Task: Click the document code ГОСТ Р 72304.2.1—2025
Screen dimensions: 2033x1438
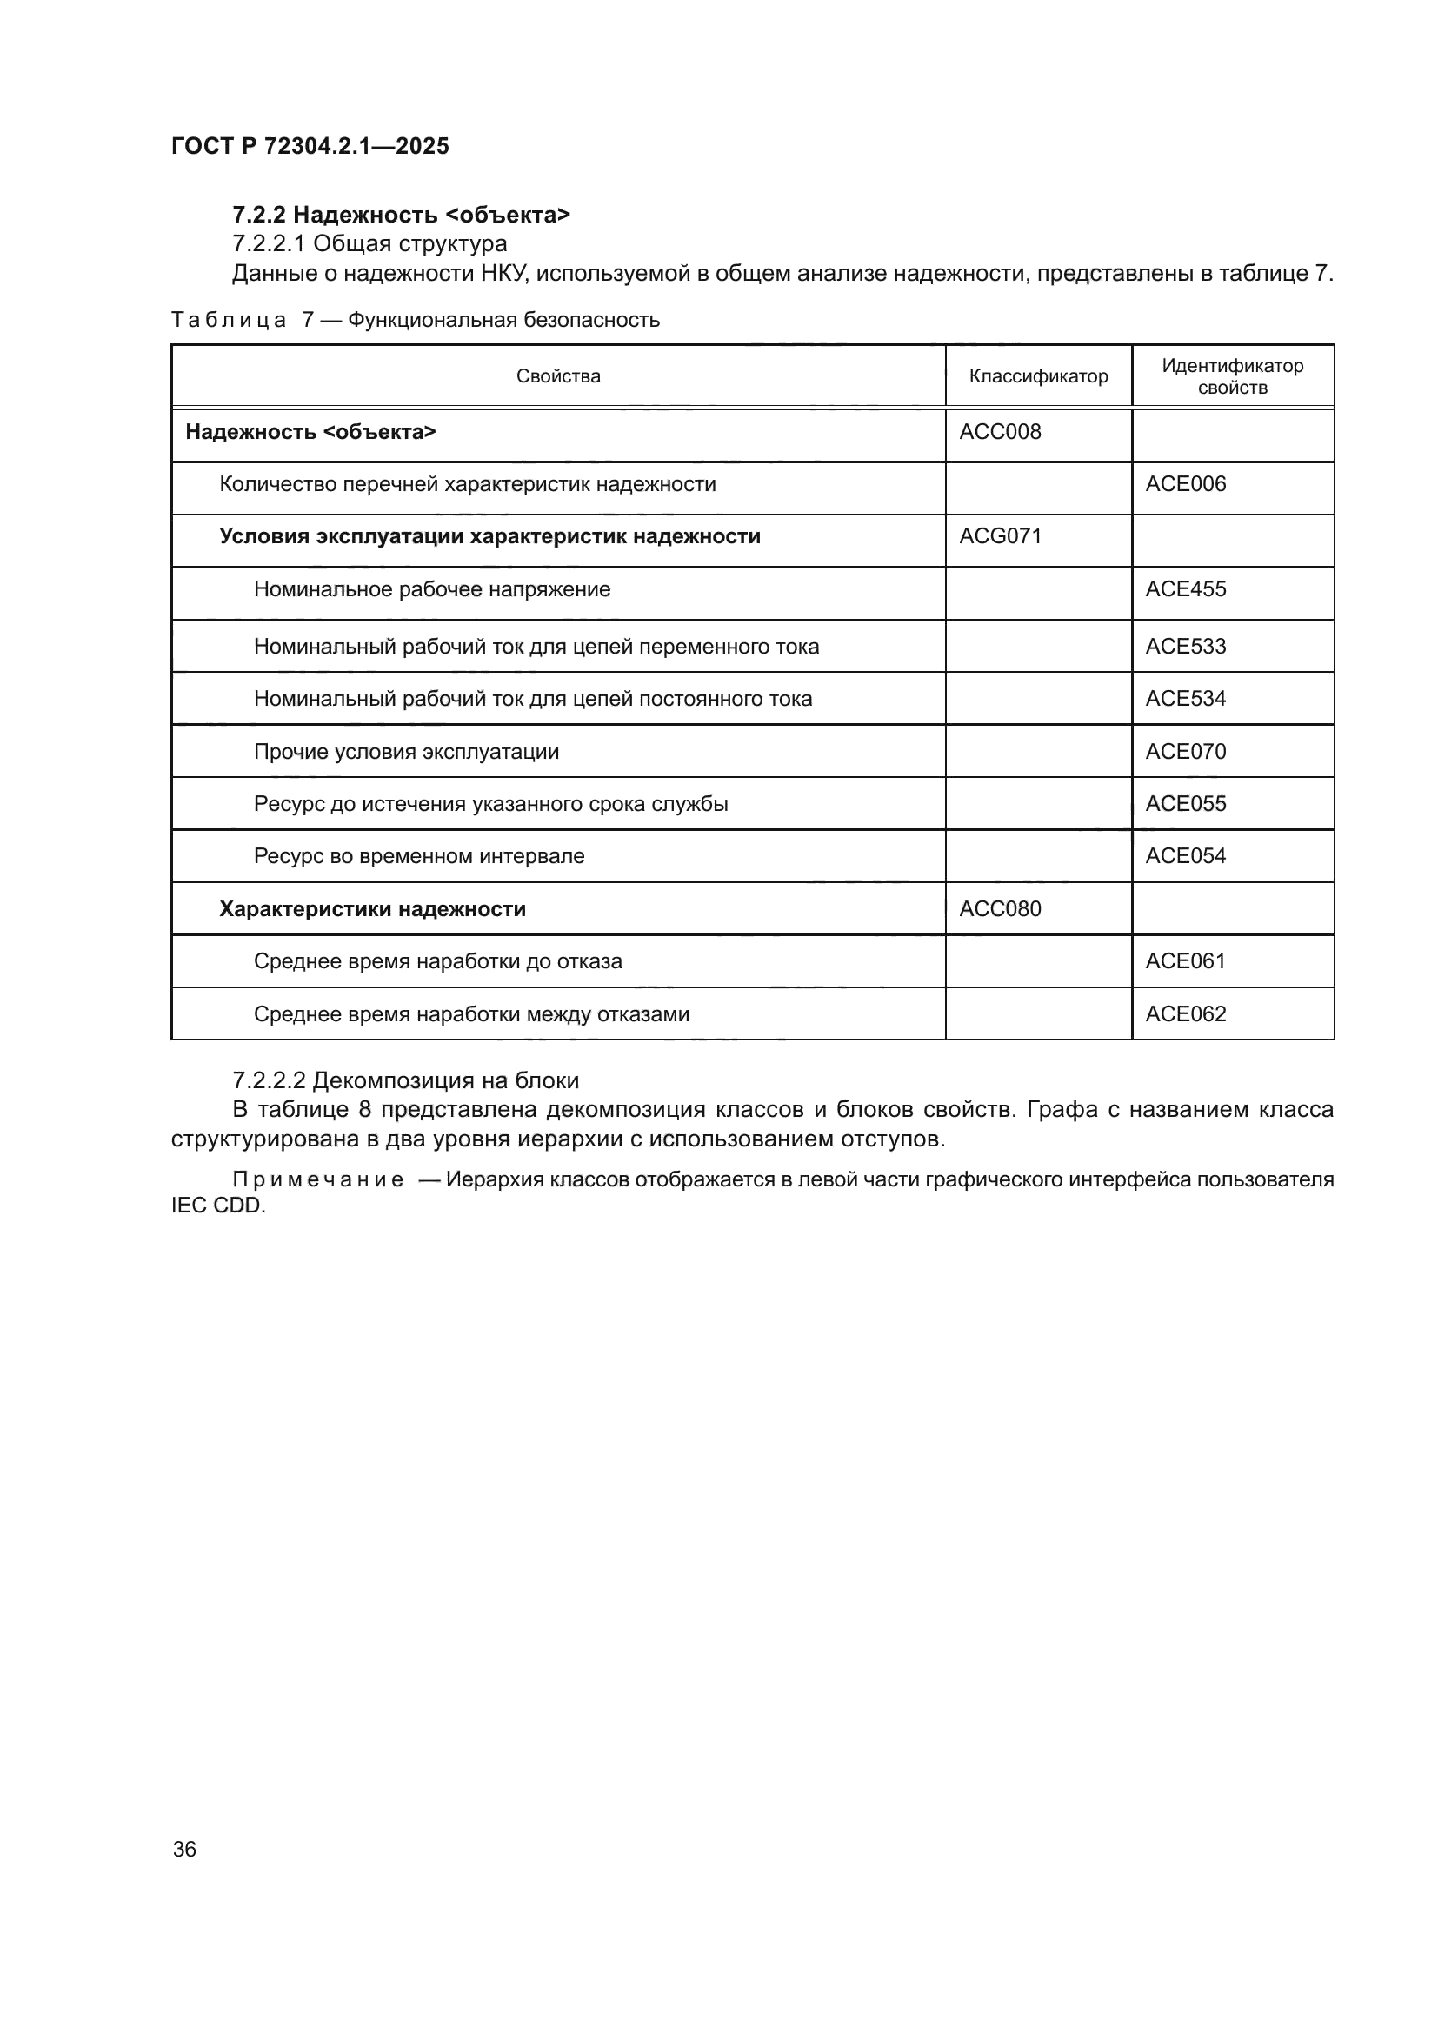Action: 310,146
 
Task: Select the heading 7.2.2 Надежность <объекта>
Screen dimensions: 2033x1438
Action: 401,215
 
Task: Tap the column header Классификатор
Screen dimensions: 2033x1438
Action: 1038,376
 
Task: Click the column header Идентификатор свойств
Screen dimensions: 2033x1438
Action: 1232,376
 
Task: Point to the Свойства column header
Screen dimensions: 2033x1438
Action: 558,376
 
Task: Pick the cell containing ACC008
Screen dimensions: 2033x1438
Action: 1000,432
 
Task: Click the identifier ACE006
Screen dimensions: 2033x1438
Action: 1185,484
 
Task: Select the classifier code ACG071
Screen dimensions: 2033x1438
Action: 1000,536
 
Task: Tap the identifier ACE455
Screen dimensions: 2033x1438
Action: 1185,589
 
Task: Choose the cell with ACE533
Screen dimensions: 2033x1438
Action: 1185,647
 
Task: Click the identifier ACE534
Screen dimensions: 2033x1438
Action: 1185,699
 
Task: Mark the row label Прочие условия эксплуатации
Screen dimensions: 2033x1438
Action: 406,752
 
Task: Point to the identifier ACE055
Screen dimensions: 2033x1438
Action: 1185,804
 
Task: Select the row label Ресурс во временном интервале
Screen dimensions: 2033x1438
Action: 419,856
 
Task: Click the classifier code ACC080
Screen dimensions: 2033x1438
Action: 1000,909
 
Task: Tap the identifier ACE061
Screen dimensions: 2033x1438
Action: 1185,961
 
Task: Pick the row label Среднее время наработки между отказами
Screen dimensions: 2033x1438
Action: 471,1014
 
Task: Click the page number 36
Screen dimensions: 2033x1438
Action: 184,1849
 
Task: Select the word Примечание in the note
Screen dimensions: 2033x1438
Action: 318,1180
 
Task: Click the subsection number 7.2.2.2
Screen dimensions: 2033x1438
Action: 269,1081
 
